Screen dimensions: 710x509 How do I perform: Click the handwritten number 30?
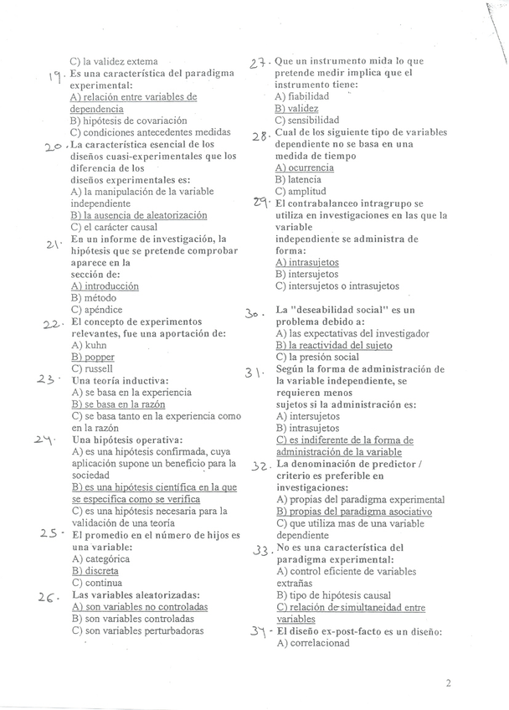pos(254,313)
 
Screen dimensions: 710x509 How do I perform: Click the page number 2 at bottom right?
pos(449,683)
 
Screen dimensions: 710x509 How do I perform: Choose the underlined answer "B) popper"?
pos(93,357)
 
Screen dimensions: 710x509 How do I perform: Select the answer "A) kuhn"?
pos(89,345)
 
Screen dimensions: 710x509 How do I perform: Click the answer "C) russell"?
pos(92,368)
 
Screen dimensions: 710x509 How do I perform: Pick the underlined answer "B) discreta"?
pos(95,570)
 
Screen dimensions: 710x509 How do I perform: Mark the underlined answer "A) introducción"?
pos(105,286)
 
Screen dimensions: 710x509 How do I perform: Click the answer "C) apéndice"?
pos(97,309)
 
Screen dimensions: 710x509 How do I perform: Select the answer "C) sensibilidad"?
pos(307,121)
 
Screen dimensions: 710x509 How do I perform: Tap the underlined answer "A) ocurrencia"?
pos(304,167)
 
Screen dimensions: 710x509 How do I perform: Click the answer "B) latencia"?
pos(299,179)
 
